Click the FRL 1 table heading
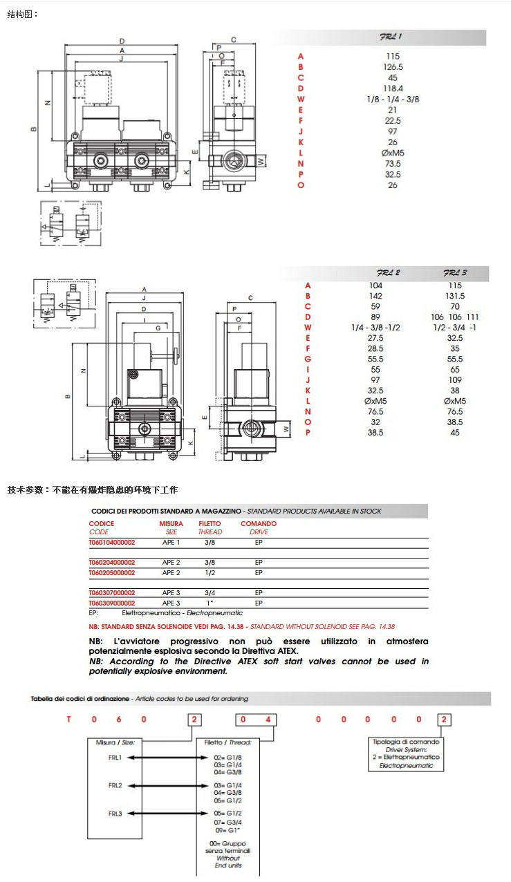391,37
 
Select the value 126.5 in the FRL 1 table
392,67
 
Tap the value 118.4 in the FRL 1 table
392,88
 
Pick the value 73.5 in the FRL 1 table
392,164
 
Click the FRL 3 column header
455,273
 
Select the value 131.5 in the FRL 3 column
455,295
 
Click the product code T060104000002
112,543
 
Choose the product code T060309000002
112,603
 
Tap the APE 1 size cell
171,543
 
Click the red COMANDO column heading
259,523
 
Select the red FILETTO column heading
210,523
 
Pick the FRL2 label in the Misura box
115,786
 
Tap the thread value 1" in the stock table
210,603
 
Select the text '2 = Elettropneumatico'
406,757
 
